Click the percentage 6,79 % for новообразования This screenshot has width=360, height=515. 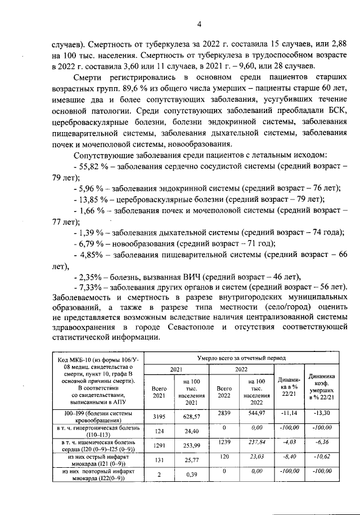point(90,243)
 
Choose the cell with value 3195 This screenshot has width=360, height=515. point(159,417)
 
